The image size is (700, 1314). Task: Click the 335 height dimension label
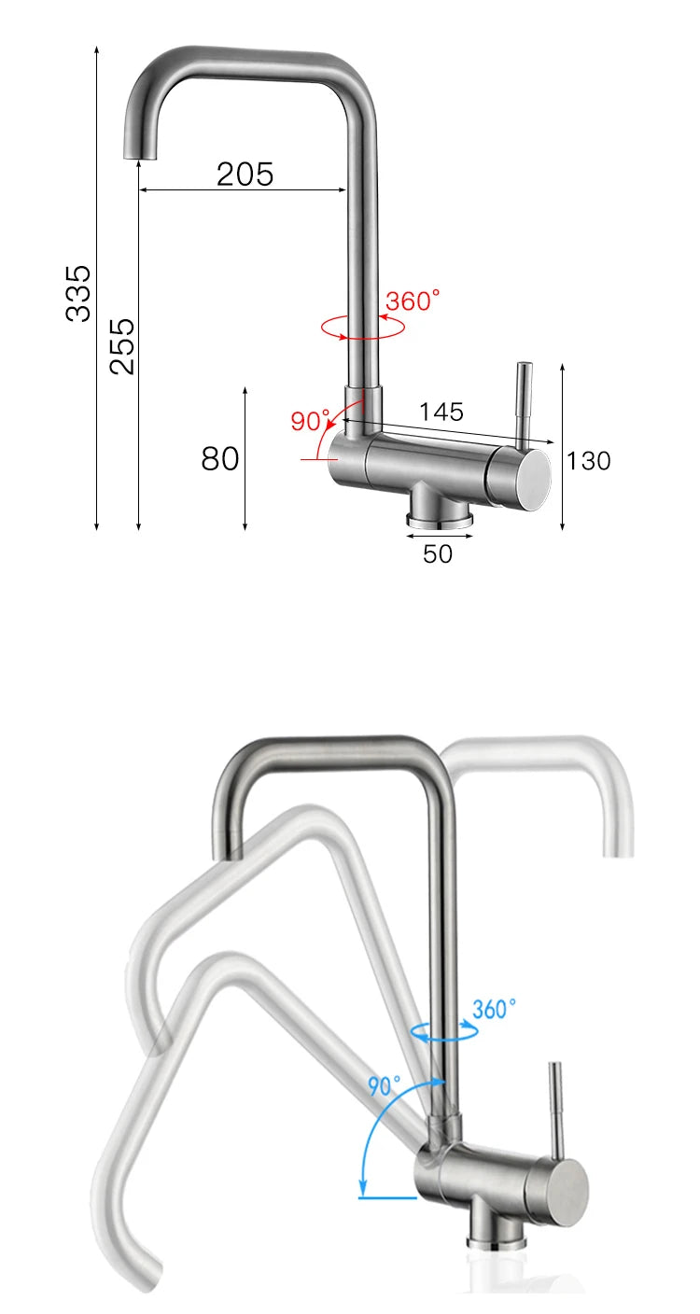coord(78,293)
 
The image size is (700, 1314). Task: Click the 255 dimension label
coord(122,345)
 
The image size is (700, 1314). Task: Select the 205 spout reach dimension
coord(245,174)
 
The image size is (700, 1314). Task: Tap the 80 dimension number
coord(220,458)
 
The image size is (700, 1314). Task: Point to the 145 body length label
coord(441,412)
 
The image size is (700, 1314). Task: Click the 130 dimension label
coord(589,460)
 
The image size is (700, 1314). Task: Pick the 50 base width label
coord(437,553)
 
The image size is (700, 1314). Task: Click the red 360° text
coord(412,301)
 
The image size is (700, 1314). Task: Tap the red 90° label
coord(310,421)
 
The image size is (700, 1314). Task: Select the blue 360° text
coord(494,1009)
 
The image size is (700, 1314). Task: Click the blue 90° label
coord(383,1085)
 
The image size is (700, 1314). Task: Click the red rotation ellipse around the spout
coord(362,328)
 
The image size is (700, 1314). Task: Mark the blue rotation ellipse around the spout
coord(445,1030)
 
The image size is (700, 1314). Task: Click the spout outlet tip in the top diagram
coord(141,148)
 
